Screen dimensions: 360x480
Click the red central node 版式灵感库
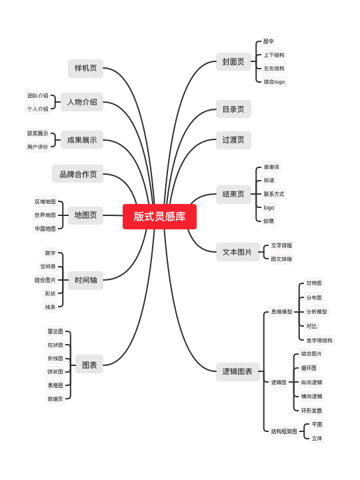click(x=159, y=217)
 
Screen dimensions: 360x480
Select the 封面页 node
click(x=233, y=62)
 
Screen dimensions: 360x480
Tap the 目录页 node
click(x=233, y=109)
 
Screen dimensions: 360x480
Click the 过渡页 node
click(x=233, y=140)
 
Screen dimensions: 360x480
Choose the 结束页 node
click(x=233, y=195)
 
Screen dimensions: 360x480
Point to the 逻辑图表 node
click(x=237, y=371)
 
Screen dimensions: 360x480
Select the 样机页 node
click(x=86, y=68)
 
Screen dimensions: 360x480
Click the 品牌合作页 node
click(x=78, y=174)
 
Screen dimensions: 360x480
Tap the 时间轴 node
click(x=86, y=280)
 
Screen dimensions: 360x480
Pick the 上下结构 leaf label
click(x=274, y=55)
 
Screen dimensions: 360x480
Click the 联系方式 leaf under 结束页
click(x=274, y=194)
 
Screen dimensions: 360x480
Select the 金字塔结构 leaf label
click(x=319, y=340)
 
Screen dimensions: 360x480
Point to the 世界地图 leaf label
click(x=45, y=215)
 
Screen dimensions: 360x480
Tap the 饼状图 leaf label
click(x=55, y=371)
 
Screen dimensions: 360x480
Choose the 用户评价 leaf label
click(x=37, y=147)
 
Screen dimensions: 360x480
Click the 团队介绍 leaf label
click(x=37, y=96)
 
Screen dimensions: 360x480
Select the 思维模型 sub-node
click(x=281, y=311)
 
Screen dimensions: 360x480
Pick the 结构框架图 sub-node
click(x=284, y=431)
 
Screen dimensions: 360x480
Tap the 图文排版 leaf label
click(x=281, y=259)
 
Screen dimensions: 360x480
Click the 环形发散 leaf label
click(x=311, y=411)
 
